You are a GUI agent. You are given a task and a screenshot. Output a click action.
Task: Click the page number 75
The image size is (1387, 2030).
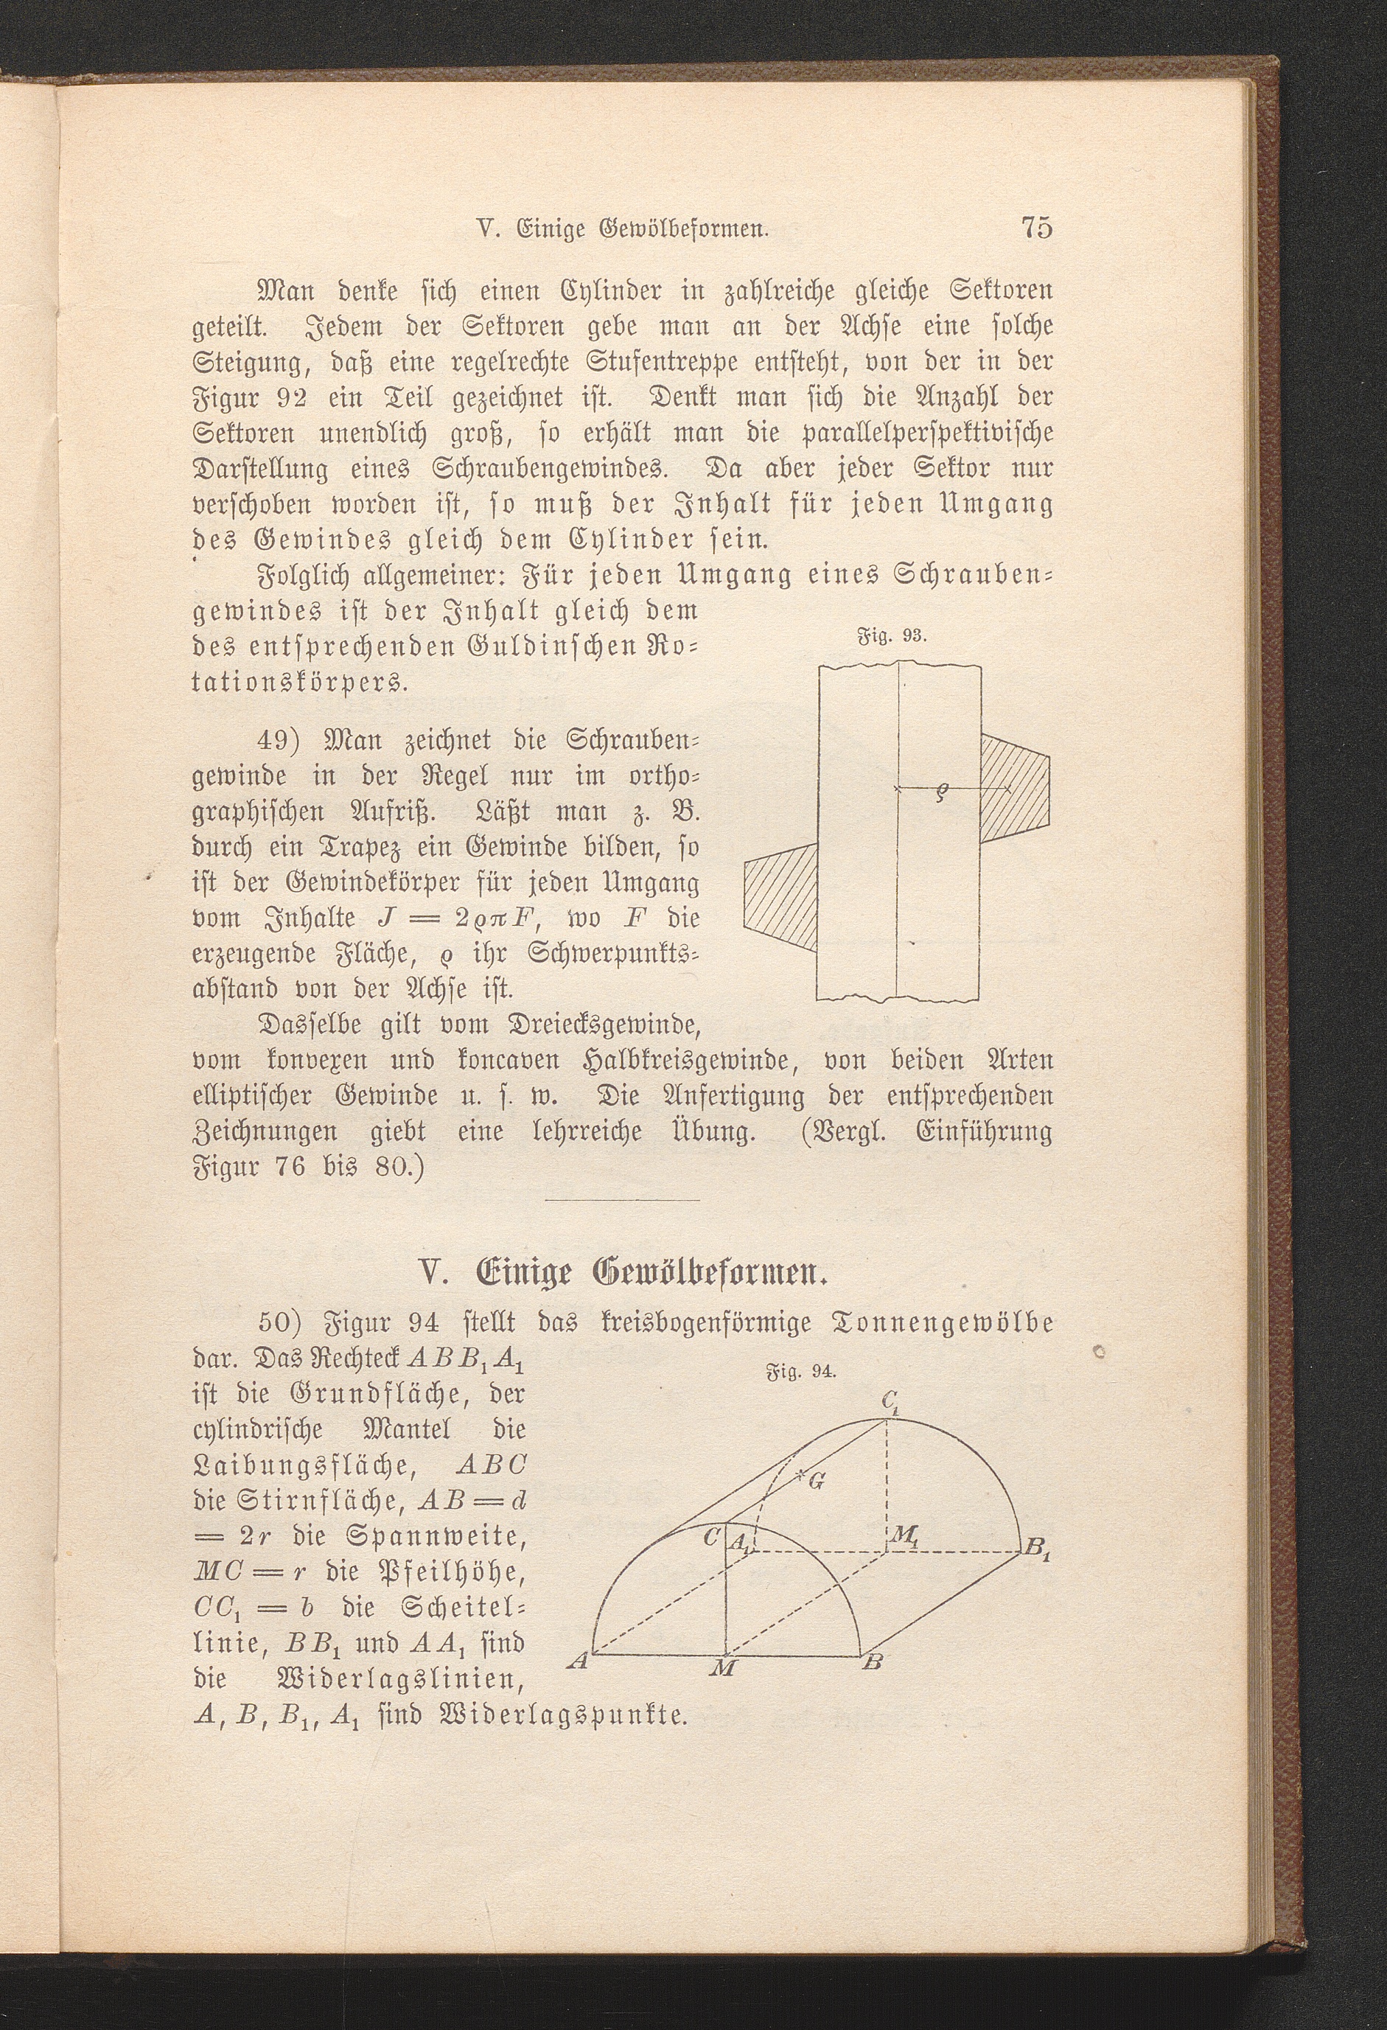[x=1036, y=228]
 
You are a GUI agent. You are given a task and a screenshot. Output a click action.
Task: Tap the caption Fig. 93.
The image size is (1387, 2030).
[x=886, y=635]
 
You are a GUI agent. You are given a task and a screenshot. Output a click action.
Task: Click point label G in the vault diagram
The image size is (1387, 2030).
[x=817, y=1479]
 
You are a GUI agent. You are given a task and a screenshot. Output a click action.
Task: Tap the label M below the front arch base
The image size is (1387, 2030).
[x=724, y=1667]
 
